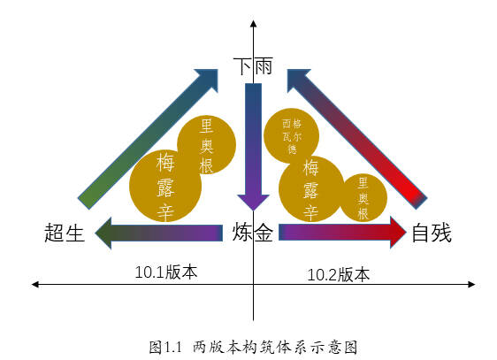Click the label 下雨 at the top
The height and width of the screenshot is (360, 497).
pos(253,66)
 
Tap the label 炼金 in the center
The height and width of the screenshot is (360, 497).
pos(253,233)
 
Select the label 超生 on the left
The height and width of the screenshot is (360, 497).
pos(65,233)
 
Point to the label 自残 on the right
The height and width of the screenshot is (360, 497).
pos(432,233)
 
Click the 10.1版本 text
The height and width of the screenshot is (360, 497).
pos(166,272)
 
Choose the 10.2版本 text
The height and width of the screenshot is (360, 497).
pos(338,274)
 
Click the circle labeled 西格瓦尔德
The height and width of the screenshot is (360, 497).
pos(291,135)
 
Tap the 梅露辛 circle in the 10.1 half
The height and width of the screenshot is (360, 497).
pos(165,186)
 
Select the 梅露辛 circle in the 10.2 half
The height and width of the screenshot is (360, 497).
pos(311,189)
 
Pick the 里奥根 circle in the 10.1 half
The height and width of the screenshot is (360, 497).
pos(207,144)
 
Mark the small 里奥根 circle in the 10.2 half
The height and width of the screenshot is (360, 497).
pos(363,198)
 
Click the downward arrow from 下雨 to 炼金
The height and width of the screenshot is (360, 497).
pos(253,147)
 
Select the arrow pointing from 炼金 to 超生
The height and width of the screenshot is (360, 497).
pos(159,233)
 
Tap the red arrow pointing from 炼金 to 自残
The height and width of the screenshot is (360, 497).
pos(342,233)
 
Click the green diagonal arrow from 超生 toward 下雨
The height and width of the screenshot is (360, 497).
pos(148,139)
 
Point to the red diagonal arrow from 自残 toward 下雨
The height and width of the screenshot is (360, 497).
pos(357,139)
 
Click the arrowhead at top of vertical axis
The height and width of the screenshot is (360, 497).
pos(253,24)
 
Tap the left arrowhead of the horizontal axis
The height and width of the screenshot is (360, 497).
pos(34,284)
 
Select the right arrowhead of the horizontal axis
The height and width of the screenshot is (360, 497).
pos(471,284)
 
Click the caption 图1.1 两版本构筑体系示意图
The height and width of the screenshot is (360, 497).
pos(253,347)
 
